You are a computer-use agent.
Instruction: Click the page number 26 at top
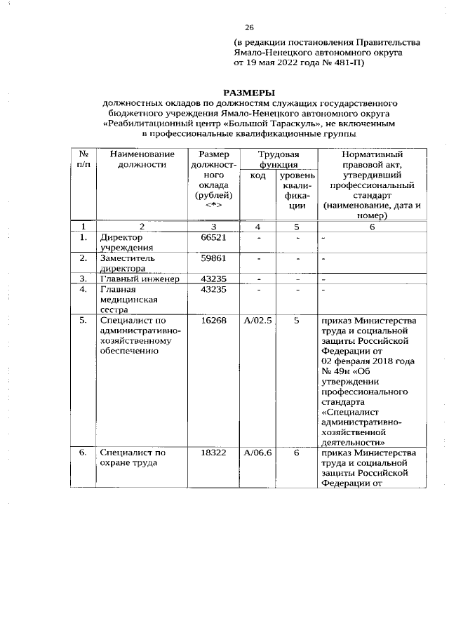coord(248,27)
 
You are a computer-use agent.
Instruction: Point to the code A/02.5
coord(257,320)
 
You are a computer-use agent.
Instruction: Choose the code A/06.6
coord(257,453)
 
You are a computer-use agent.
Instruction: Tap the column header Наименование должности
coord(132,159)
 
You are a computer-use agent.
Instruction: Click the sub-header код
coord(257,175)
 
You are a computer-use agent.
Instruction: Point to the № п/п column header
coord(83,159)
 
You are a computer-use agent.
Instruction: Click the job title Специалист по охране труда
coord(133,458)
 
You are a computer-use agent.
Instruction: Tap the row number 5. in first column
coord(83,320)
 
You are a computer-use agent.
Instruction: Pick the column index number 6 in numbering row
coord(372,227)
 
